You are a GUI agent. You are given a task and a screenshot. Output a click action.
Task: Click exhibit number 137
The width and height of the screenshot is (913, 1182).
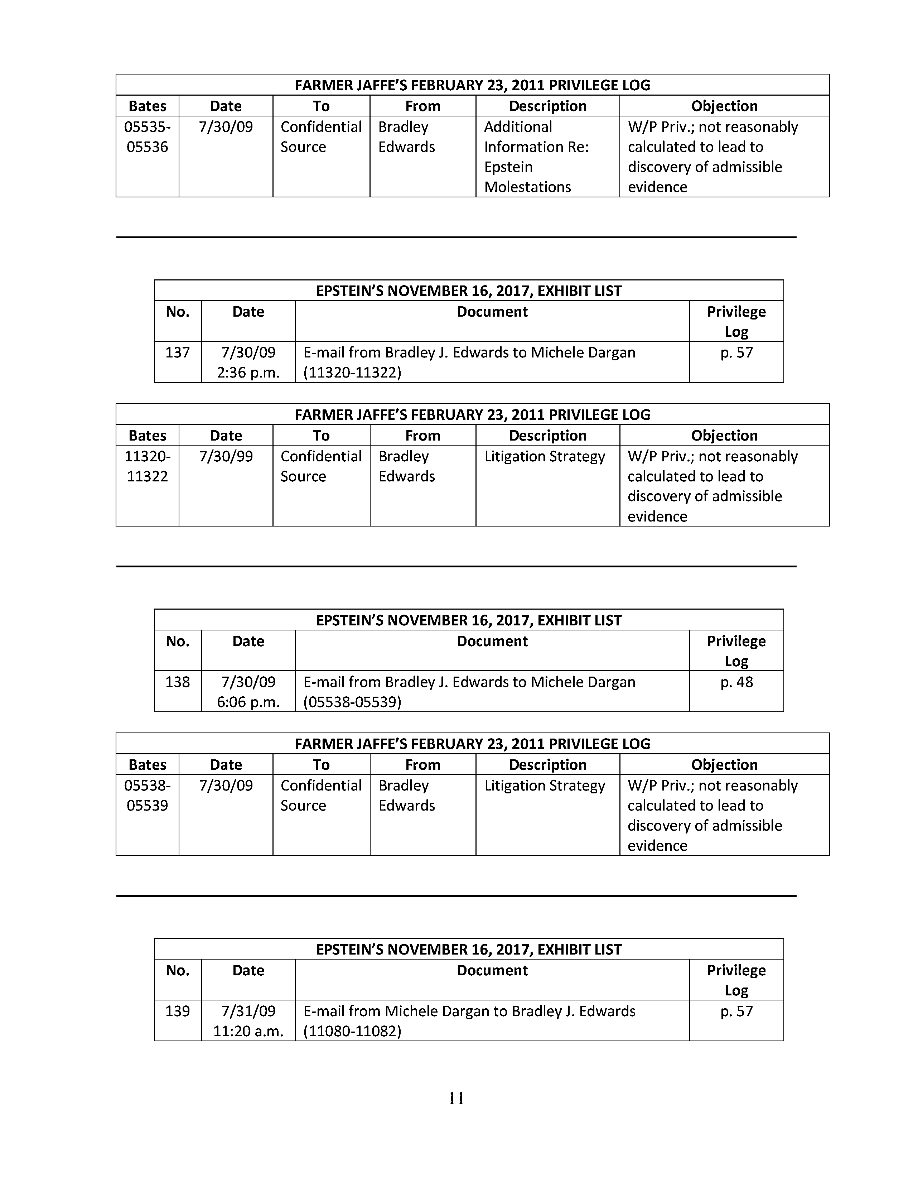click(x=177, y=352)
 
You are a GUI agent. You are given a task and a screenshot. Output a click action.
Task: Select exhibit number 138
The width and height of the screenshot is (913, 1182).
click(x=177, y=682)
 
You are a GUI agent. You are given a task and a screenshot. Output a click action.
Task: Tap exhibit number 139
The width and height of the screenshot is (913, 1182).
click(x=177, y=1011)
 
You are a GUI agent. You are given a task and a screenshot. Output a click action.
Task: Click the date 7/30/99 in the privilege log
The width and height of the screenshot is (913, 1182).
click(x=226, y=456)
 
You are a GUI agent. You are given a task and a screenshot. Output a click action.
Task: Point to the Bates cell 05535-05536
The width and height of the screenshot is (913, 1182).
click(x=147, y=137)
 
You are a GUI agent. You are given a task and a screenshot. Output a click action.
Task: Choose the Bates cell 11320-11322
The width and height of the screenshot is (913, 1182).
click(x=147, y=466)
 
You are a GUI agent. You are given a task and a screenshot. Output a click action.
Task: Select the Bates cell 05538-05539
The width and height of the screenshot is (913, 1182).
click(x=147, y=796)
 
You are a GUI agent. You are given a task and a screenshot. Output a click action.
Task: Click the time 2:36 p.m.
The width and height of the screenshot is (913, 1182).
click(x=248, y=373)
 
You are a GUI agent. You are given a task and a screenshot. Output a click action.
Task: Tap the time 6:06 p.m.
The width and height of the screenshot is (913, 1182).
click(x=248, y=702)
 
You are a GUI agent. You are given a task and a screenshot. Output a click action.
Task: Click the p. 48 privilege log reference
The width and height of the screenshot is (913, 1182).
click(x=736, y=682)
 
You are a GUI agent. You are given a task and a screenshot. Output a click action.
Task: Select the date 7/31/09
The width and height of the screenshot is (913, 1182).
click(x=248, y=1011)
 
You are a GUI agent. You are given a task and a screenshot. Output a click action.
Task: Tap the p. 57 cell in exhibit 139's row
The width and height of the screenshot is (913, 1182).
click(x=736, y=1011)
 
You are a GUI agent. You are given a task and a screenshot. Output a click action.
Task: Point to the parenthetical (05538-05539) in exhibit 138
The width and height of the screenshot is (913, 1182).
click(x=352, y=702)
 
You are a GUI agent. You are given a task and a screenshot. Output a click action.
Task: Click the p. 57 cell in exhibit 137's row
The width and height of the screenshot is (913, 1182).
click(x=736, y=352)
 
